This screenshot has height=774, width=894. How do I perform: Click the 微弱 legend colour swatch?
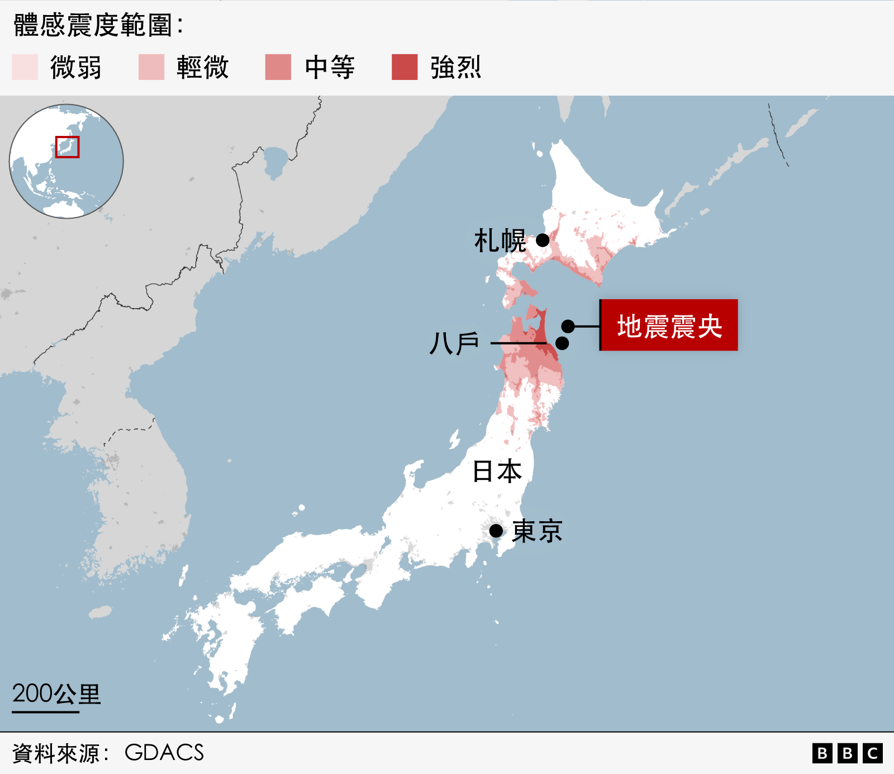25,67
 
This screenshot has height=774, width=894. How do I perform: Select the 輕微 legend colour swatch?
151,67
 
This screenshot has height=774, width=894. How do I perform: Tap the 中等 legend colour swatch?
278,67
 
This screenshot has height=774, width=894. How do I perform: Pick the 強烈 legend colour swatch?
405,67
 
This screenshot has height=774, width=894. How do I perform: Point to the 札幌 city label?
500,241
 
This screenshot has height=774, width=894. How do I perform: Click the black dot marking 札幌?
543,240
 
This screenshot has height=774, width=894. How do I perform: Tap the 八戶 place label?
454,343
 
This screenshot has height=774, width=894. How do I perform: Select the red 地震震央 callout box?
669,325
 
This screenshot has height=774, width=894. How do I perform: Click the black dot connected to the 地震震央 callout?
568,326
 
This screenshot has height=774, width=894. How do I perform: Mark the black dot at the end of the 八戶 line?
562,343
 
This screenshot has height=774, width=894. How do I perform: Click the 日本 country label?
497,471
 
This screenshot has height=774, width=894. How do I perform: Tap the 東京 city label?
537,531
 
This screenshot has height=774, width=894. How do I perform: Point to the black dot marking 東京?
496,531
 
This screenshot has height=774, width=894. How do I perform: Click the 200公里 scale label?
56,694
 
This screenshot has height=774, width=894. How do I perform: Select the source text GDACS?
164,753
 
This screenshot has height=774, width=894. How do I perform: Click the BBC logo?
847,753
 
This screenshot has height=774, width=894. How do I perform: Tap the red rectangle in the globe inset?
67,147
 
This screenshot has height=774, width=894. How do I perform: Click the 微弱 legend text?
76,68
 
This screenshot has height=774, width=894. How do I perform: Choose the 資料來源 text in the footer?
56,753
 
